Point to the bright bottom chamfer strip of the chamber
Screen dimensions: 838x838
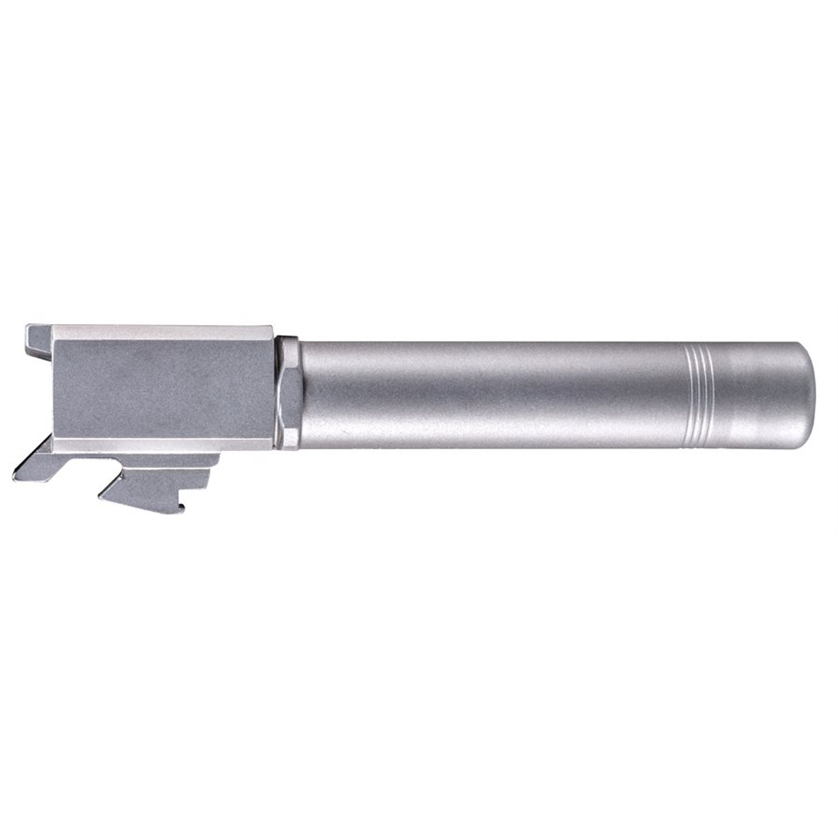click(x=164, y=445)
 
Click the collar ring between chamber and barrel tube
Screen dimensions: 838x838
click(x=288, y=393)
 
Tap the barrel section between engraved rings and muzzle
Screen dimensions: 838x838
click(x=753, y=394)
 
